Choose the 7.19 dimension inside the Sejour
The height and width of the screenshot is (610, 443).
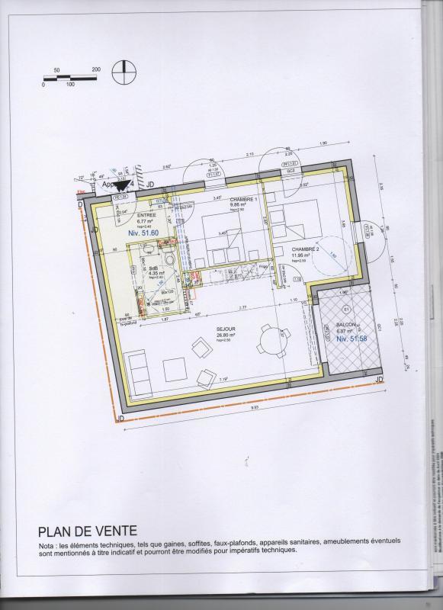pyautogui.click(x=223, y=380)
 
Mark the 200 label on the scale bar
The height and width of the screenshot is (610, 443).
pyautogui.click(x=96, y=69)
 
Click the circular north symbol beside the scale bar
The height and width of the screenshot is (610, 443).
pyautogui.click(x=122, y=72)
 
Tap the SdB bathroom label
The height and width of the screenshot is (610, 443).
pyautogui.click(x=153, y=268)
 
